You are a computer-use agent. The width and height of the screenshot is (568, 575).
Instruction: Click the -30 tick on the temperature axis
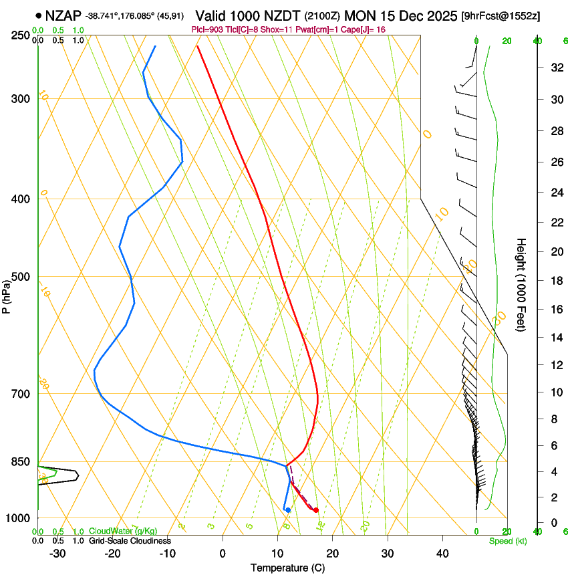point(57,554)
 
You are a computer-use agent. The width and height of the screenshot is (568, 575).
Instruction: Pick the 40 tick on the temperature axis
point(442,554)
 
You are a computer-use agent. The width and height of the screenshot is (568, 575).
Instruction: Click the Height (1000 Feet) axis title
point(522,284)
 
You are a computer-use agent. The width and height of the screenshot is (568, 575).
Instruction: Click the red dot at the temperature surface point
point(316,510)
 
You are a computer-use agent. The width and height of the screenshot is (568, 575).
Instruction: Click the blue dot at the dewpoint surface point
point(288,510)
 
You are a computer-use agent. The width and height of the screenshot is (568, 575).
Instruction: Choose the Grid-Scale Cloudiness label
point(130,540)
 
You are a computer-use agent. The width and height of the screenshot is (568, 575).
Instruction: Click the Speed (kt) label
point(507,541)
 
